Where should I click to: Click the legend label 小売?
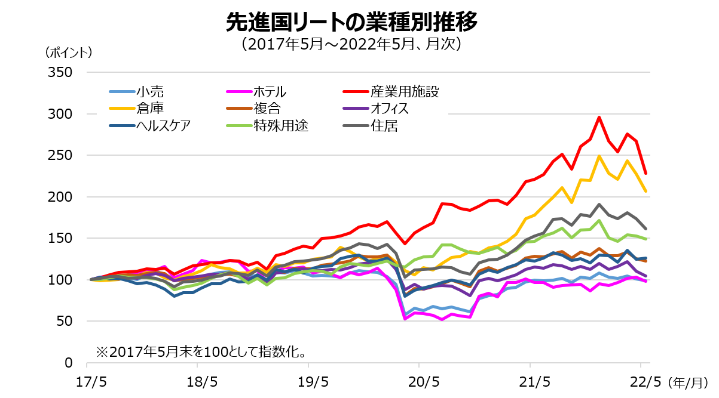point(149,92)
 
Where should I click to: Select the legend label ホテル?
point(270,92)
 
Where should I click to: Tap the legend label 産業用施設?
point(405,92)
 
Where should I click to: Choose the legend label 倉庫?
point(149,109)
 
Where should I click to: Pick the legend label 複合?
point(267,109)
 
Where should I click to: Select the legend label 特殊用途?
point(281,126)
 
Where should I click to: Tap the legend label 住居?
point(384,126)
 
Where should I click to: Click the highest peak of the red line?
point(599,117)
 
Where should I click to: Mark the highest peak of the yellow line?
point(599,156)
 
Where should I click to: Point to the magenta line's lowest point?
point(406,319)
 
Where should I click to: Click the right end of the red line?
point(646,174)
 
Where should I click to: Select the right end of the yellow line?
point(646,192)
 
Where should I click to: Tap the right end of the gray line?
point(646,229)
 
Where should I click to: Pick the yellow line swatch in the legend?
point(122,109)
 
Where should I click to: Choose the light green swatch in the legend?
point(238,126)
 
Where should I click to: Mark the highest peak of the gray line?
point(599,204)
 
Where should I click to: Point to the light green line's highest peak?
point(599,220)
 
